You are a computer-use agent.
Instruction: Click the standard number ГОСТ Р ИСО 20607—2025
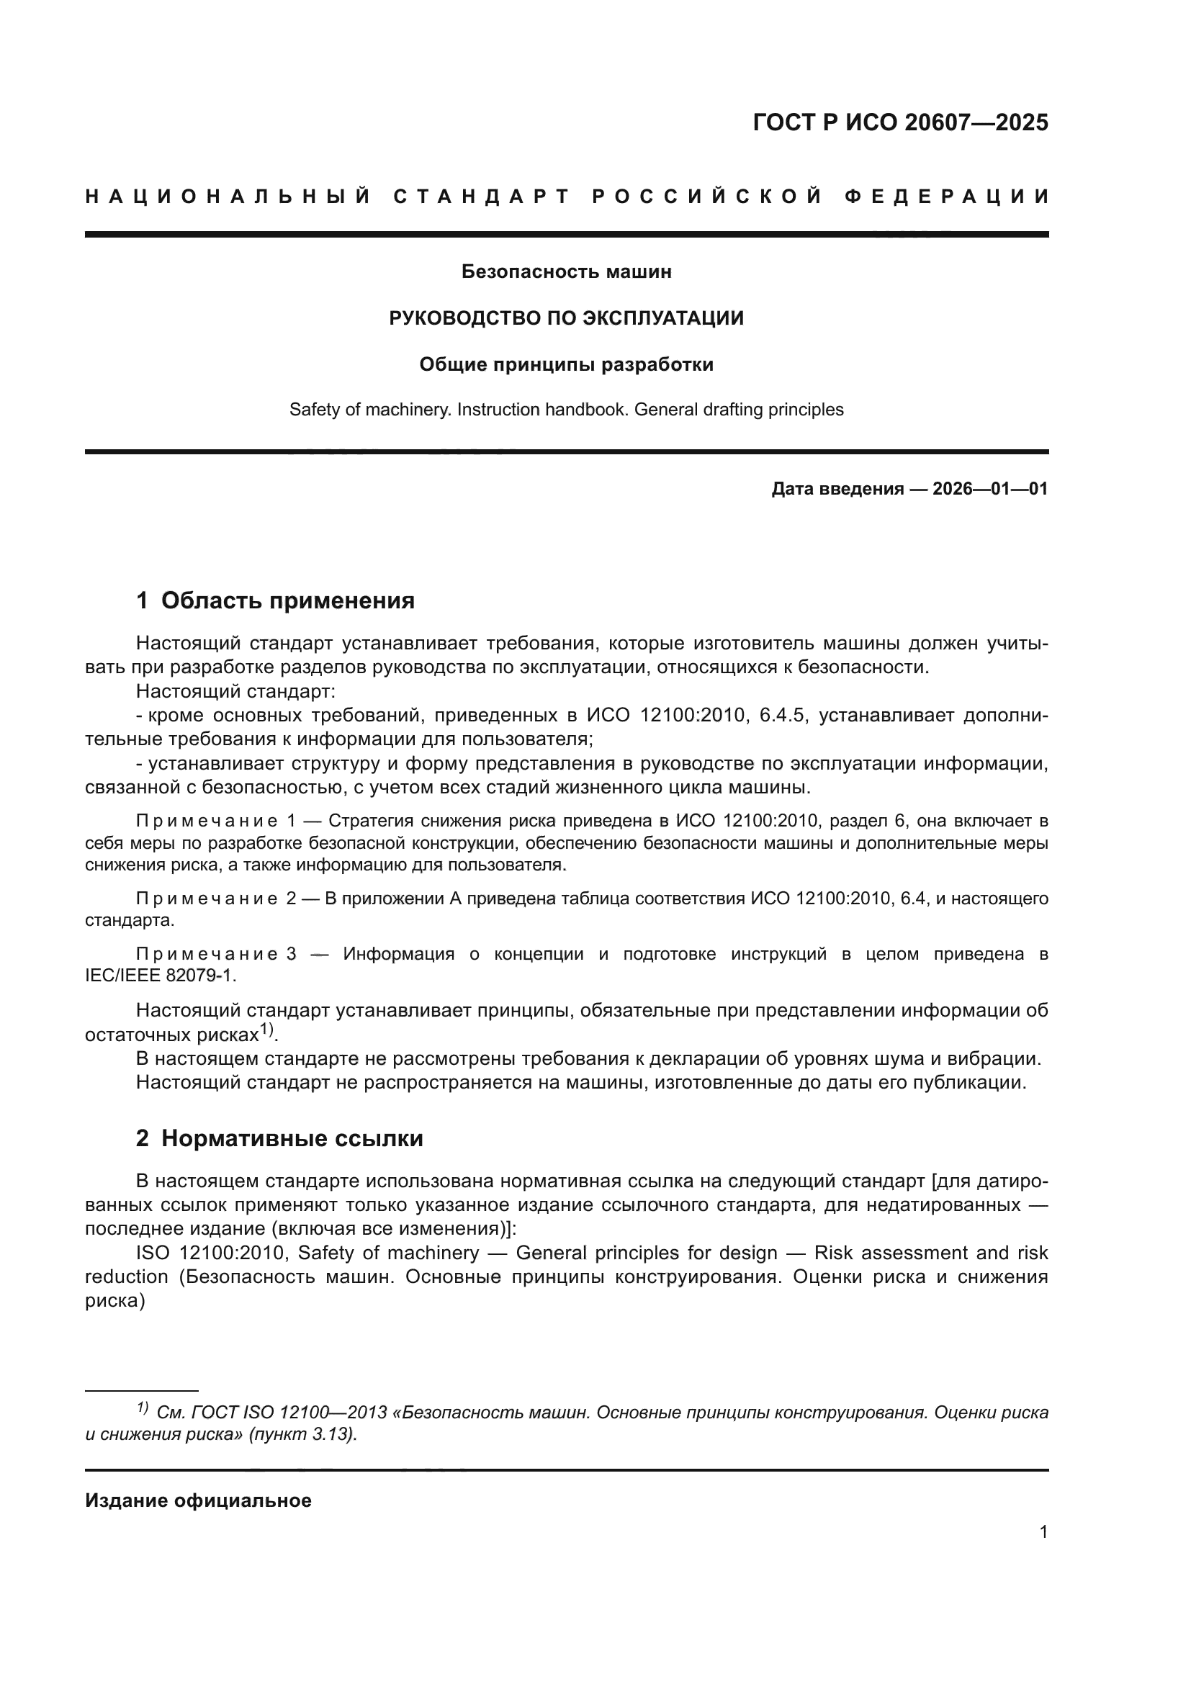pos(900,122)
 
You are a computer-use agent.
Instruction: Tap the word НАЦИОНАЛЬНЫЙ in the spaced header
pos(228,197)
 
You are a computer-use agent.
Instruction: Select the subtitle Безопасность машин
pos(566,271)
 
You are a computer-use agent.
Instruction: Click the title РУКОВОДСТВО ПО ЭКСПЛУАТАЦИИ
pos(566,318)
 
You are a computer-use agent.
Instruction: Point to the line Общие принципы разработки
pos(566,364)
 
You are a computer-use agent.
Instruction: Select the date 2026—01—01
pos(990,488)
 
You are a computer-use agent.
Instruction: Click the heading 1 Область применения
pos(275,600)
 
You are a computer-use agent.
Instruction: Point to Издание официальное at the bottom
pos(198,1500)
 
